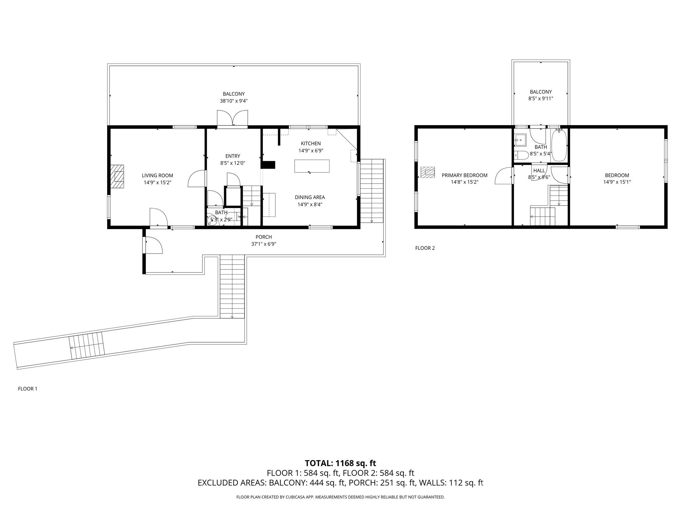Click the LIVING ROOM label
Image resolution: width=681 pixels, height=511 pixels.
point(157,175)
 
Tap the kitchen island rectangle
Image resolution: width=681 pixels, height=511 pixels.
point(312,166)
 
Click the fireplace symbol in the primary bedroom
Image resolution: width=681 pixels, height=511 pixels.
point(427,172)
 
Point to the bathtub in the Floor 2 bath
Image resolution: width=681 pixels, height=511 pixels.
point(559,146)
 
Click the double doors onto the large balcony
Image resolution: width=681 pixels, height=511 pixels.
point(232,118)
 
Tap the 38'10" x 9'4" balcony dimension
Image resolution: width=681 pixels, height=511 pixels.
point(233,101)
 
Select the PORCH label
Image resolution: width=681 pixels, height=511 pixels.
point(263,237)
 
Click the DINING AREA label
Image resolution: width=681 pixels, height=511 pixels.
point(310,197)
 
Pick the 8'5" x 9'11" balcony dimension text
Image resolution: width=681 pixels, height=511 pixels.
point(541,98)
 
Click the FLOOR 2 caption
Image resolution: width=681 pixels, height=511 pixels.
point(425,248)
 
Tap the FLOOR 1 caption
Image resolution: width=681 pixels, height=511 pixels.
point(28,389)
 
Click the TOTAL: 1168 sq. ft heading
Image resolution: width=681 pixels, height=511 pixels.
point(340,463)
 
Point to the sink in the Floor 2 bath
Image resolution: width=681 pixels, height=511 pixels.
point(520,140)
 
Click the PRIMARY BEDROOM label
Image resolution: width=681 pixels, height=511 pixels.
point(464,175)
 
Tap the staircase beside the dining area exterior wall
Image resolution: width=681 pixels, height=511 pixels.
point(372,191)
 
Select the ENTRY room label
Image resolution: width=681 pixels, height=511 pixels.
point(232,156)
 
